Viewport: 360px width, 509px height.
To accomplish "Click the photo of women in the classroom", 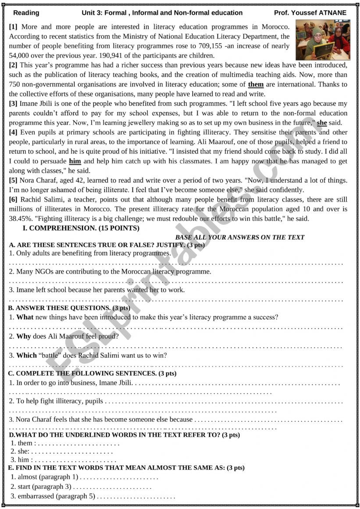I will pos(323,40).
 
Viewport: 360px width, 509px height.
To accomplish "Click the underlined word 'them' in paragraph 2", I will pos(256,84).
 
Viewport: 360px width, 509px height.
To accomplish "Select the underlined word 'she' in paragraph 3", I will pos(322,123).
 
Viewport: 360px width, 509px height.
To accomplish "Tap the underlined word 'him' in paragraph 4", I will pos(75,161).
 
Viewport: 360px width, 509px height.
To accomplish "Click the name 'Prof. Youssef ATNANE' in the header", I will pos(310,13).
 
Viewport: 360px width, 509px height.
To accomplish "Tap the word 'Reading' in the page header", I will pos(26,13).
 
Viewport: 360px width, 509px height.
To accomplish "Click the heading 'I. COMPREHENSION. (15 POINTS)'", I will pos(81,228).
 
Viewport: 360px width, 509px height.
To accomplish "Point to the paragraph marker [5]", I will pos(13,181).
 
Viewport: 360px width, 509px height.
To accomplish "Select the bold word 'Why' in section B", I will pos(24,336).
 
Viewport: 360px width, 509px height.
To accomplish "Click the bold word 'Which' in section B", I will pos(26,356).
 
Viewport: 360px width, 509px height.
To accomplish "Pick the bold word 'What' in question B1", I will pos(25,317).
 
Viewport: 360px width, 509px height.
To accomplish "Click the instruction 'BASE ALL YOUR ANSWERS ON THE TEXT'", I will pos(239,237).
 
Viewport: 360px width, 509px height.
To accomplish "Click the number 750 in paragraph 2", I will pos(15,84).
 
